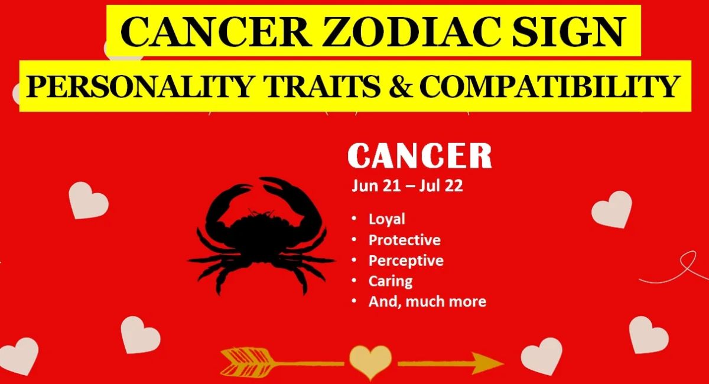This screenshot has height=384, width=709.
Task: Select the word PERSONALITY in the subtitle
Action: [x=139, y=86]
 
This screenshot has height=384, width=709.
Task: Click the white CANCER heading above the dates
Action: [x=419, y=156]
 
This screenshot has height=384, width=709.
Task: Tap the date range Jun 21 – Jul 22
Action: [x=407, y=186]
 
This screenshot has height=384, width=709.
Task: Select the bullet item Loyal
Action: [x=387, y=219]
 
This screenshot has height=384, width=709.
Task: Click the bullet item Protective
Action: [x=405, y=240]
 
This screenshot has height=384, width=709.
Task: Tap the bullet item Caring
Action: [x=391, y=281]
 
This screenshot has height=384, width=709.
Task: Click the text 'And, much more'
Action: [x=427, y=302]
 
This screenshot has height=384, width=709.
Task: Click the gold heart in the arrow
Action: [x=370, y=362]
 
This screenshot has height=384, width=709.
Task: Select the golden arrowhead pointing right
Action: [x=487, y=363]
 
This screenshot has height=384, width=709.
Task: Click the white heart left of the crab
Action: [x=89, y=200]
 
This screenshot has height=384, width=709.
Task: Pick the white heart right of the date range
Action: [x=612, y=209]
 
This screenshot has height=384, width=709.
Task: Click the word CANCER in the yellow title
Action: [x=216, y=32]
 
